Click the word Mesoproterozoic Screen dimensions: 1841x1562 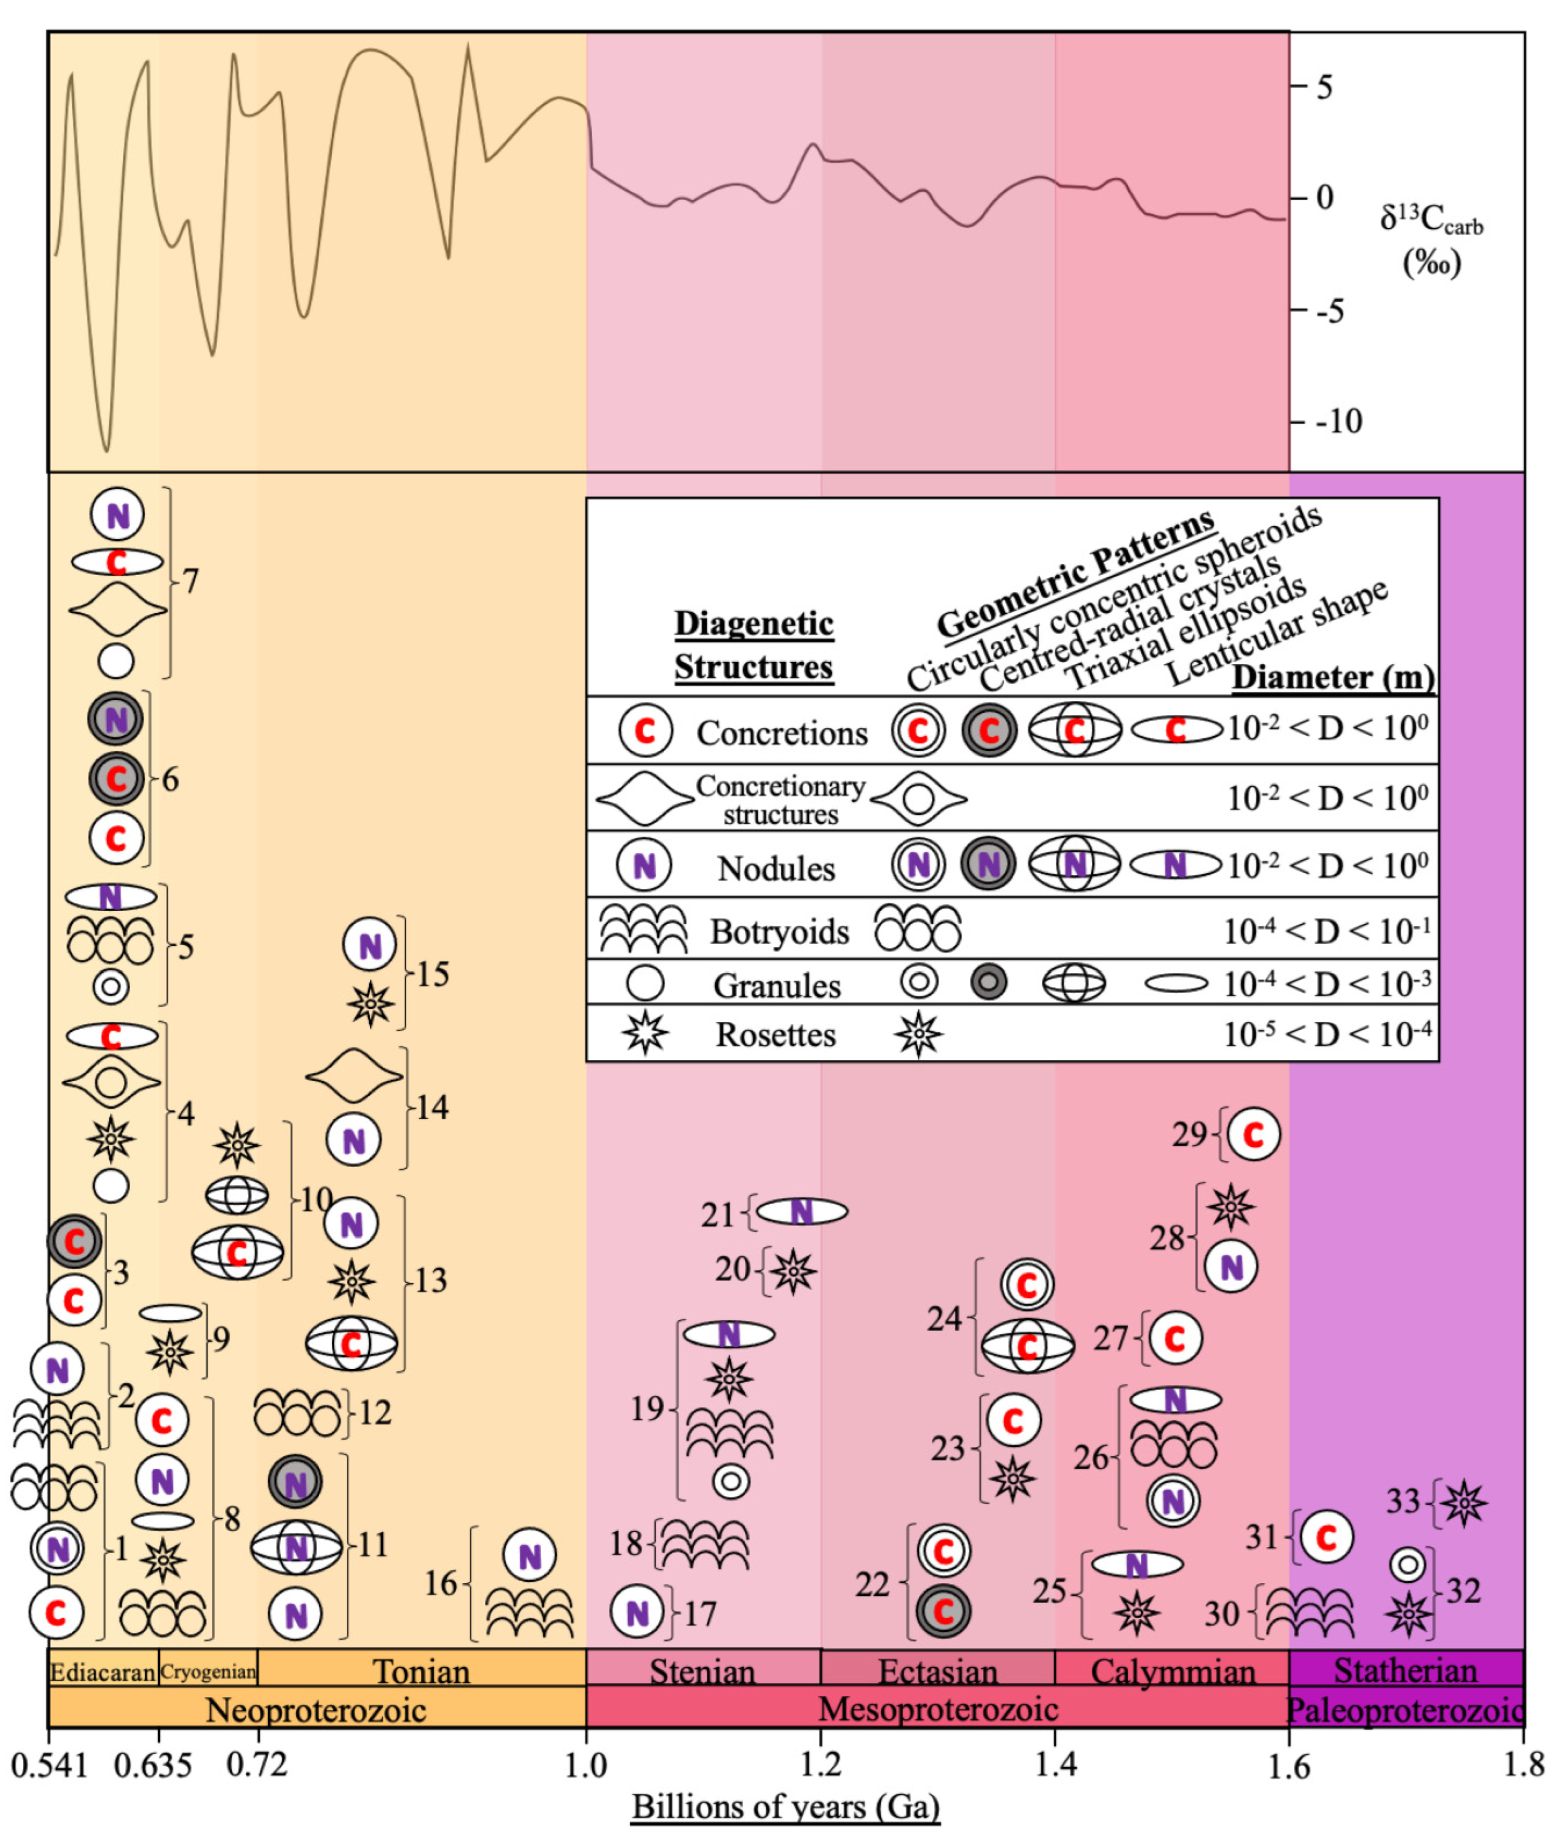[x=938, y=1708]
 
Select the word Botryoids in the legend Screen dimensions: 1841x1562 [x=779, y=931]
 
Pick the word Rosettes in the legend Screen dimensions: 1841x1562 [x=776, y=1034]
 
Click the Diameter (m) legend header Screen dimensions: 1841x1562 [x=1333, y=678]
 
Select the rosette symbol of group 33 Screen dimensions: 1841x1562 [x=1464, y=1503]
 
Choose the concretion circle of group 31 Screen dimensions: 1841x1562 [x=1325, y=1537]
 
